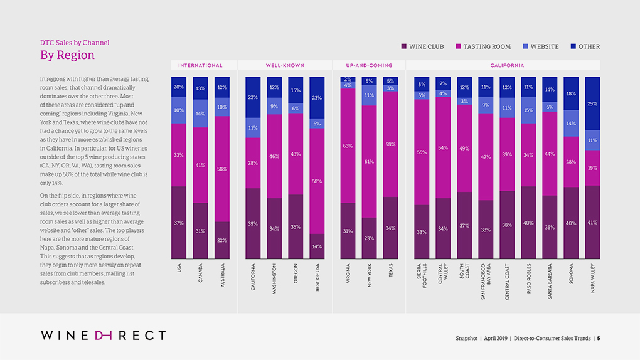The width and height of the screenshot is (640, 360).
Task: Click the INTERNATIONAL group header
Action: (200, 65)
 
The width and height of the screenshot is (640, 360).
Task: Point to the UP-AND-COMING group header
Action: (369, 65)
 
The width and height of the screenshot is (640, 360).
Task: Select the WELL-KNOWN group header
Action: (285, 65)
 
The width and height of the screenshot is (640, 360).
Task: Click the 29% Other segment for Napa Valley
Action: (593, 103)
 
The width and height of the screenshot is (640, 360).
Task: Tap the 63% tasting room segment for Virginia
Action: (348, 146)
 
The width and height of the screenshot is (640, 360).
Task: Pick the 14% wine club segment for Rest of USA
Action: (317, 246)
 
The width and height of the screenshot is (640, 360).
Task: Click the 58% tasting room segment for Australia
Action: (221, 169)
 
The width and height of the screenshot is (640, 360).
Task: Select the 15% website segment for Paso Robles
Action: (528, 110)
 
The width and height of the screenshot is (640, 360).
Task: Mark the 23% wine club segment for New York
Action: (369, 238)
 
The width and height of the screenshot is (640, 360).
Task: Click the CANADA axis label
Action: (200, 273)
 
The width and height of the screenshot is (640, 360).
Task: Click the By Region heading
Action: (67, 55)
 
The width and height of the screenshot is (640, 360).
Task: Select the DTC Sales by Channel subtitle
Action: (75, 43)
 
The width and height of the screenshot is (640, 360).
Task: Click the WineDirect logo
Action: (104, 336)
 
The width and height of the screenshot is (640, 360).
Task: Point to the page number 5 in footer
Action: (599, 338)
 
